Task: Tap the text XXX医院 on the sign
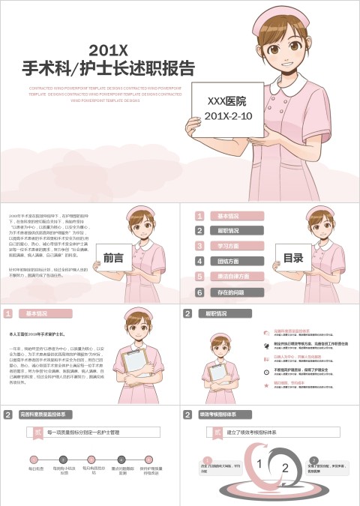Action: tap(226, 100)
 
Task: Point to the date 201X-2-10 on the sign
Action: tap(226, 116)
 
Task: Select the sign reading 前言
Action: tap(113, 257)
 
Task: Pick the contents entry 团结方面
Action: tap(228, 261)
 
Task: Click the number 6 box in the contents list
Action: tap(200, 292)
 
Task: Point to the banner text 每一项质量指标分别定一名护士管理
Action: tap(82, 433)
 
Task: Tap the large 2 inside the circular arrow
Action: tap(284, 467)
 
